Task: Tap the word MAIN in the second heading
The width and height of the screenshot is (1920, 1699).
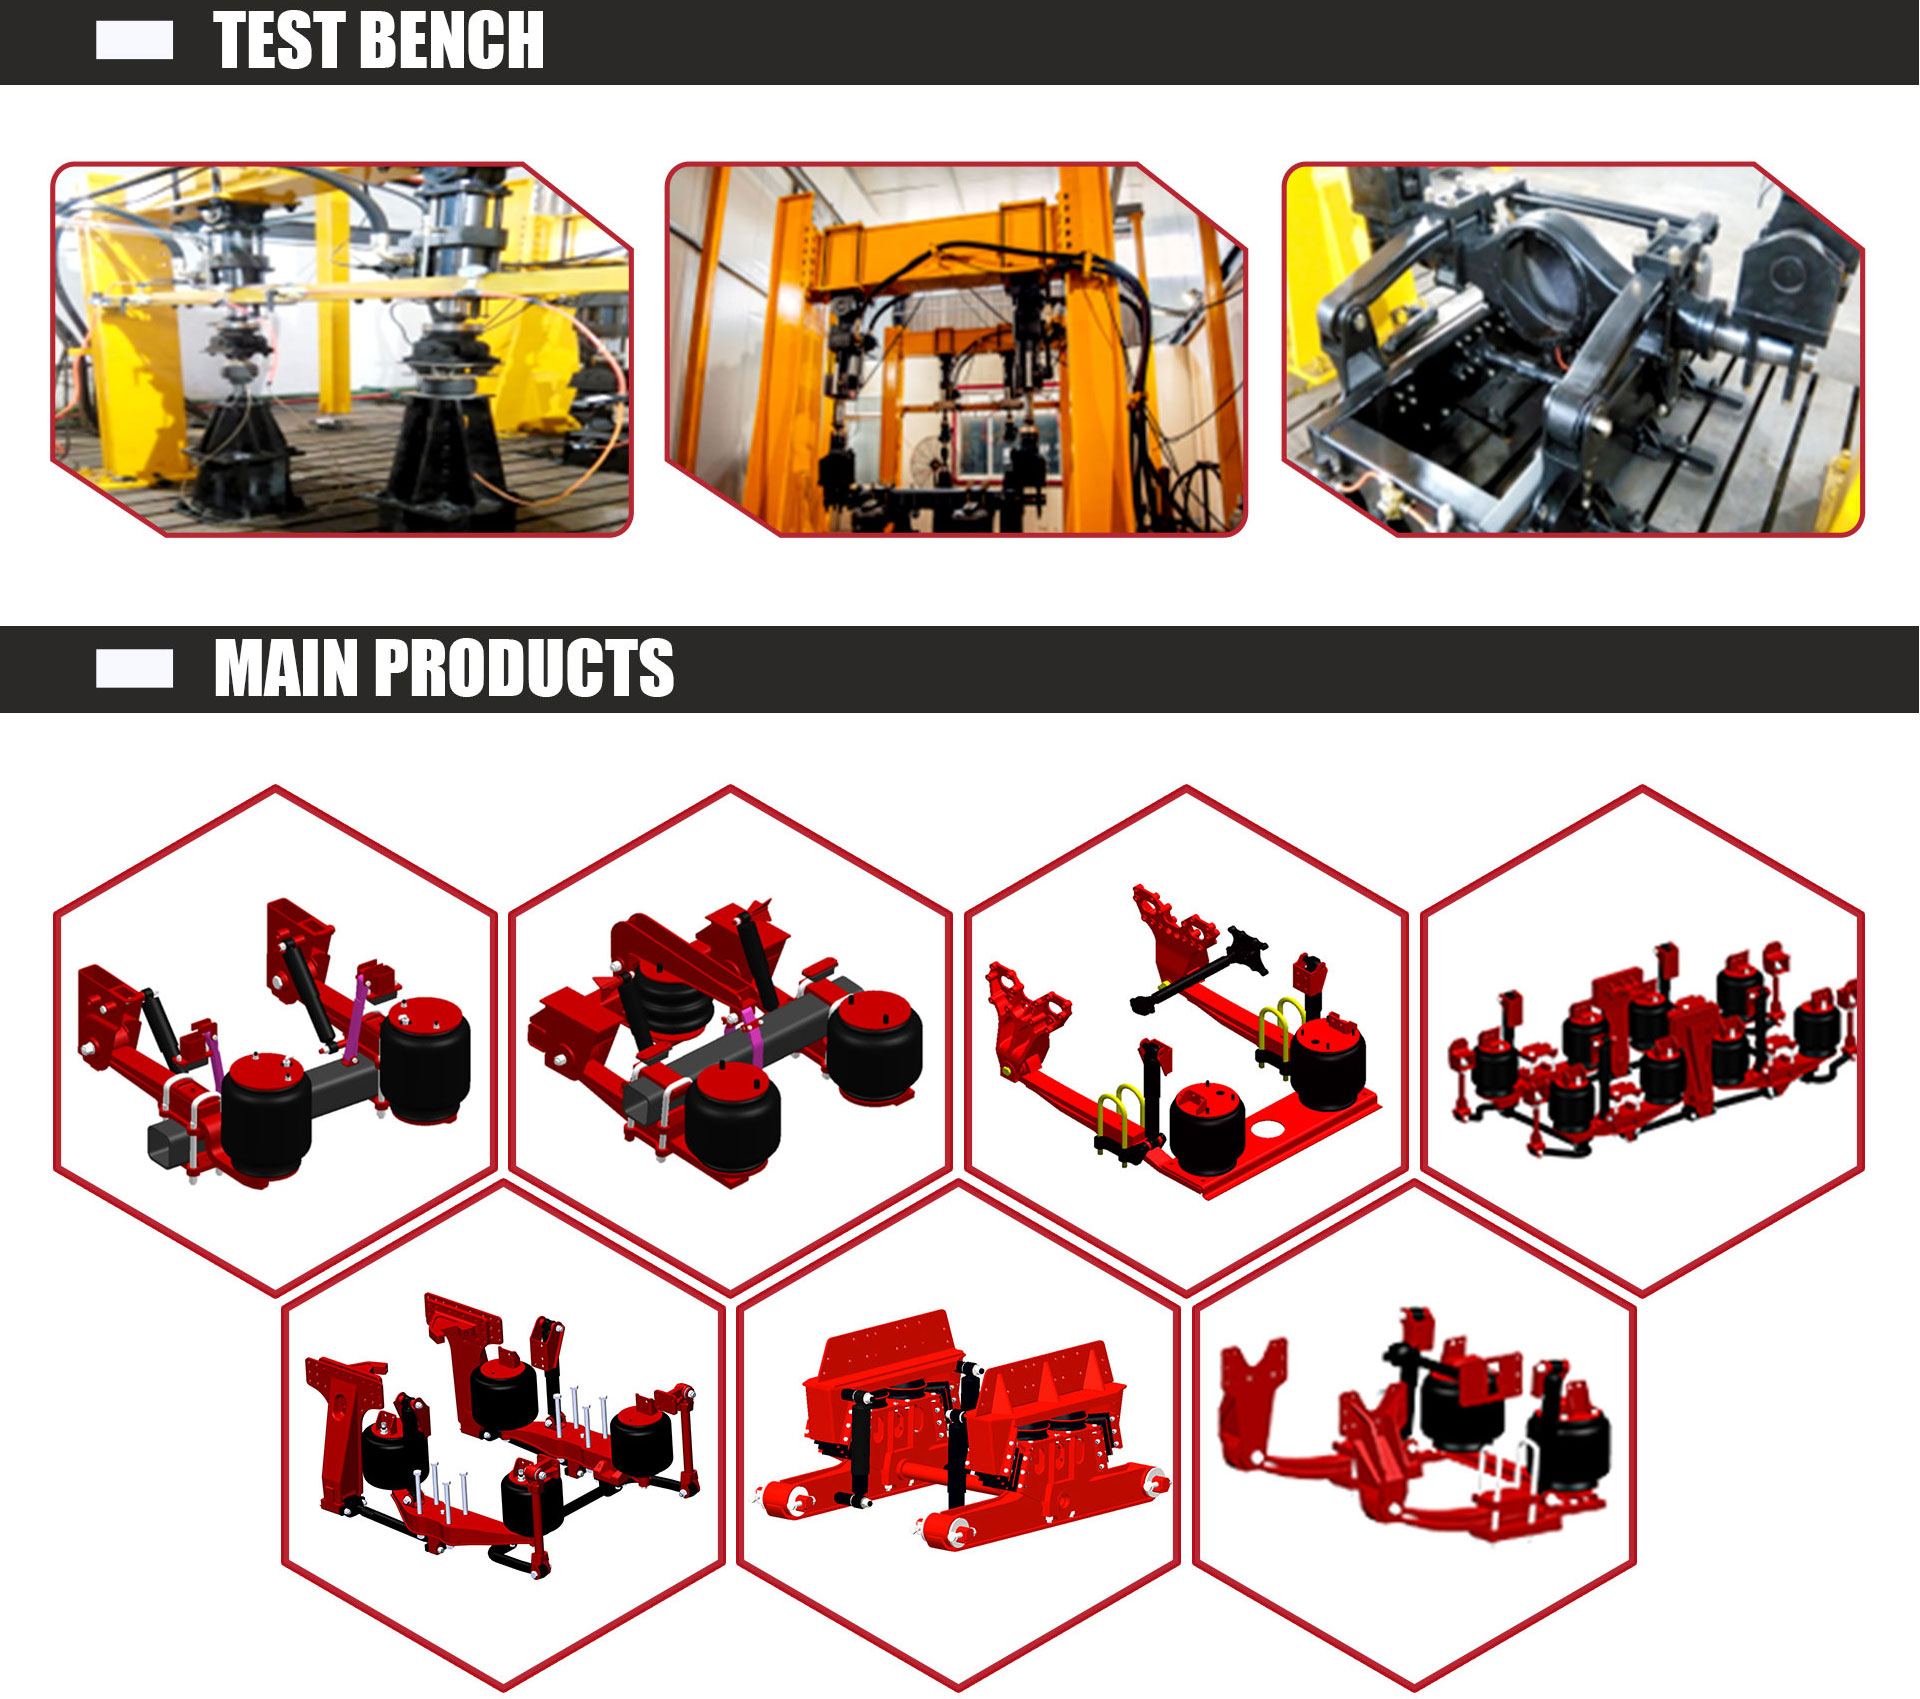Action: (285, 668)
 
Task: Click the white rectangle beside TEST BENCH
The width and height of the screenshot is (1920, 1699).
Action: (134, 41)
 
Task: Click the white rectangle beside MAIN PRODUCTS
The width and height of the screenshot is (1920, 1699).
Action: (134, 669)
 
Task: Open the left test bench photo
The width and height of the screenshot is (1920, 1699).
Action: (342, 349)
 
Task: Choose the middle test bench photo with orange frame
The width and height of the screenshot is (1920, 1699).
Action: (956, 349)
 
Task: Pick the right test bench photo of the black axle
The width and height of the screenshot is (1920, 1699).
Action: (1573, 349)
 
